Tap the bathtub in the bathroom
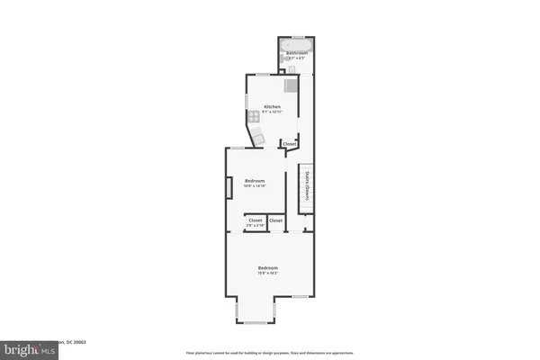click(x=295, y=44)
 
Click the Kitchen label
click(x=271, y=107)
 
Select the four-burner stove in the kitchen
click(x=254, y=115)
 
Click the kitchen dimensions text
click(x=271, y=112)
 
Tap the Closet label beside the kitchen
click(x=289, y=143)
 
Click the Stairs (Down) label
click(x=307, y=184)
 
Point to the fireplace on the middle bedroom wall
click(x=229, y=185)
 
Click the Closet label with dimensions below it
click(x=255, y=220)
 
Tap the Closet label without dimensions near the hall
click(x=275, y=220)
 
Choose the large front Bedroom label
click(x=268, y=268)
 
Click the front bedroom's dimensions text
click(x=268, y=274)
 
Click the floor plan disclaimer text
click(x=270, y=353)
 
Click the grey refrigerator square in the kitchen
click(x=291, y=86)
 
